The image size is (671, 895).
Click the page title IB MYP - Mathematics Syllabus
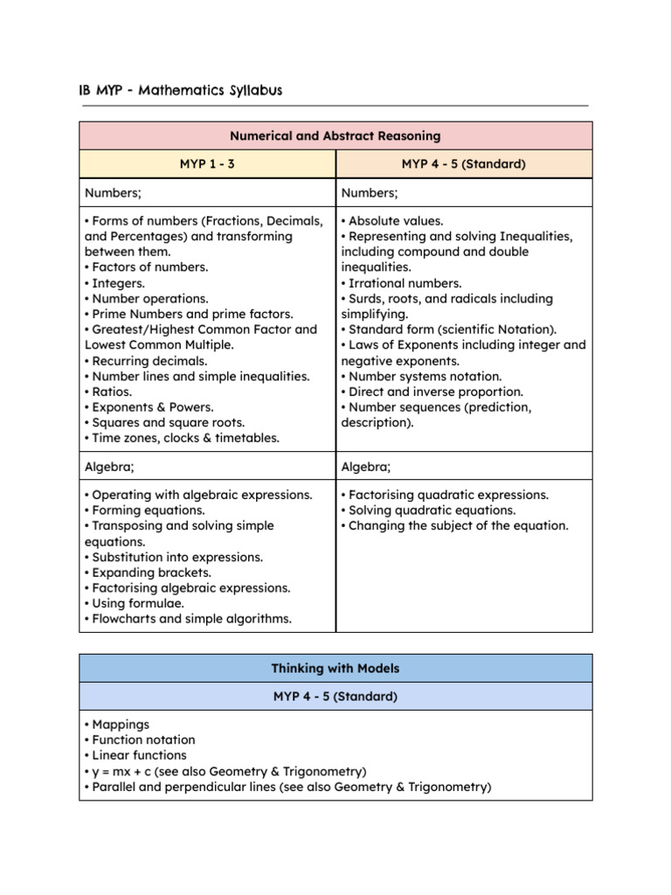click(181, 91)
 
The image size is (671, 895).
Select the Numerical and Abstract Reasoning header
click(335, 135)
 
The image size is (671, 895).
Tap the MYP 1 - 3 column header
click(207, 163)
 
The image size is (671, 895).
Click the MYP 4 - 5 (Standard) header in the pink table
click(464, 163)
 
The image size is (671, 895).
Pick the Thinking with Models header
click(335, 669)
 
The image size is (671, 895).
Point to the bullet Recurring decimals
click(149, 360)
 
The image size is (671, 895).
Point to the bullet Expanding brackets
click(151, 572)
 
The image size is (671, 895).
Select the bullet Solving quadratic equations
click(432, 510)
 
